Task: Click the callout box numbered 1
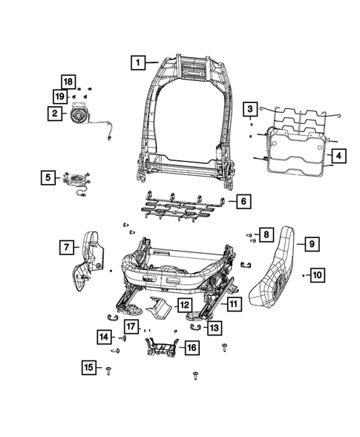coord(137,62)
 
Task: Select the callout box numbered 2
coord(54,114)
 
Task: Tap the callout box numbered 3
coord(251,109)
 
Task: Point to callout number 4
coord(337,157)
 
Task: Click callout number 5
coord(48,177)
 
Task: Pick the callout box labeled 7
coord(67,246)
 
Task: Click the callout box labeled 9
coord(312,243)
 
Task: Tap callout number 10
coord(316,275)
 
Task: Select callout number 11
coord(233,303)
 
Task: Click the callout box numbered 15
coord(91,367)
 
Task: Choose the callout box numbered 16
coord(190,346)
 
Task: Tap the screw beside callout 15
coord(109,368)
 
